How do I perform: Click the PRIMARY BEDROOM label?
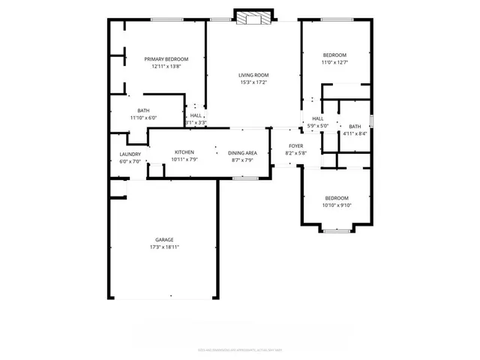(x=166, y=59)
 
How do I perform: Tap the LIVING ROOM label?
(x=253, y=75)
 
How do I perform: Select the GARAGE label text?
(x=164, y=240)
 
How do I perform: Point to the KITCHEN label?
(x=184, y=152)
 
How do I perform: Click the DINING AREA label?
(x=242, y=152)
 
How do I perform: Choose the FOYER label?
(x=295, y=146)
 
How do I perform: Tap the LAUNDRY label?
(x=130, y=154)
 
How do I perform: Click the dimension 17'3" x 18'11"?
(x=164, y=247)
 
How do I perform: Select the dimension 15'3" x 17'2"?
(x=253, y=82)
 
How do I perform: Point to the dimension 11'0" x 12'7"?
(x=334, y=62)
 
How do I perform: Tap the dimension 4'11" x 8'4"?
(x=355, y=133)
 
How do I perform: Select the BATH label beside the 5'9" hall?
(x=355, y=127)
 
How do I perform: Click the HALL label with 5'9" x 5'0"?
(x=318, y=119)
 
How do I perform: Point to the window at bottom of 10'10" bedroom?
(x=337, y=230)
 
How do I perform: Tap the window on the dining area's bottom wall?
(x=245, y=178)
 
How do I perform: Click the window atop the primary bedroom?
(x=164, y=19)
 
